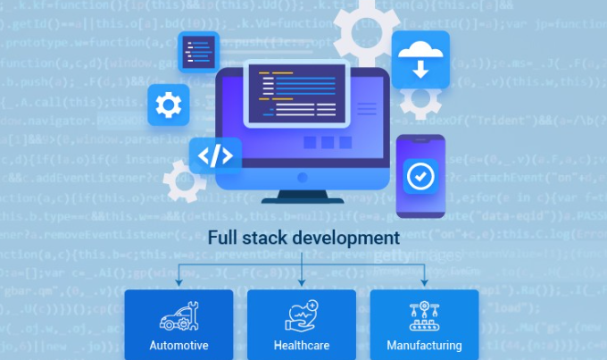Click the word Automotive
click(x=179, y=345)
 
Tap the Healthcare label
click(x=301, y=345)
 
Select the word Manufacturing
click(x=424, y=345)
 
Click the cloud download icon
click(x=420, y=59)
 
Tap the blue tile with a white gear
click(x=168, y=106)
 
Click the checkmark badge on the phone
click(x=418, y=177)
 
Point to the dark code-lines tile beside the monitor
click(x=199, y=53)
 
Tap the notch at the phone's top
click(x=419, y=140)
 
